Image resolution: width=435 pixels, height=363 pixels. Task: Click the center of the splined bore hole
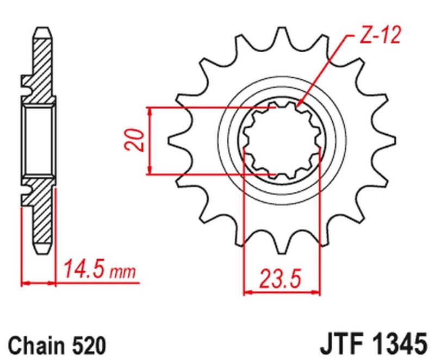[281, 141]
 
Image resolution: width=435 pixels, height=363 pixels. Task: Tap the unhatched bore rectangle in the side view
[39, 141]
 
